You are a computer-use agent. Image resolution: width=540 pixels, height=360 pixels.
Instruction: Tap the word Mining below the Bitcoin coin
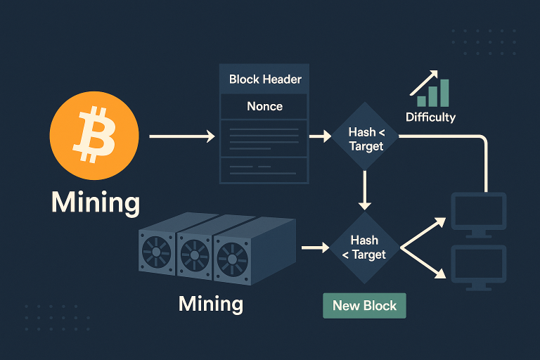tap(96, 202)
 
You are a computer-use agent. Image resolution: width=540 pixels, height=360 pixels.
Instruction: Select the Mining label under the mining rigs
tap(211, 304)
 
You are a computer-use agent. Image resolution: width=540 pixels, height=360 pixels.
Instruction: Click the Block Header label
tap(265, 79)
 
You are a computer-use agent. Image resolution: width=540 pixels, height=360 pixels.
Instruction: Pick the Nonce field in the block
tap(265, 107)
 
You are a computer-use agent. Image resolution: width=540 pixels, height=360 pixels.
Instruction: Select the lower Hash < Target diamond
tap(364, 247)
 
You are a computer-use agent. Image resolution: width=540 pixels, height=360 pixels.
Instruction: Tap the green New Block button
tap(364, 306)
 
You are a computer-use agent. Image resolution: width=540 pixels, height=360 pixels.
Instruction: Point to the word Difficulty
tap(430, 117)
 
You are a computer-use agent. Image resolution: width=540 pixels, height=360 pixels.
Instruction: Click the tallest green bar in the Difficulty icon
tap(444, 93)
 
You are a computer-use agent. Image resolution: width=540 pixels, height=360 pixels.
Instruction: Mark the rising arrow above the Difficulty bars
tap(424, 82)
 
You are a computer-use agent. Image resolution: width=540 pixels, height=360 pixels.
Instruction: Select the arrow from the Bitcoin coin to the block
tap(181, 136)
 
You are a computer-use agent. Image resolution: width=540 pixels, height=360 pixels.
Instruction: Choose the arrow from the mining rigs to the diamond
tap(314, 247)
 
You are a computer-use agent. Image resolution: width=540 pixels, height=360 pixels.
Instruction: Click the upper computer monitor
tap(478, 213)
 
